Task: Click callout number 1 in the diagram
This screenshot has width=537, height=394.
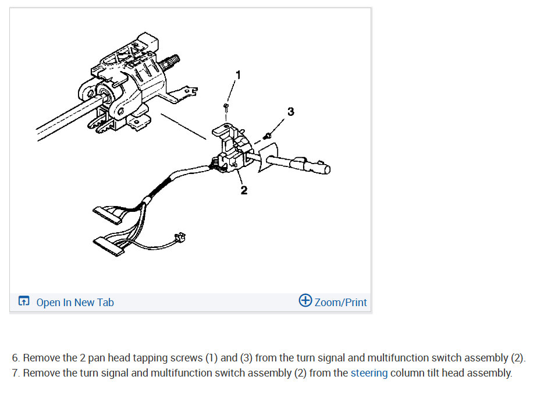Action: (x=237, y=74)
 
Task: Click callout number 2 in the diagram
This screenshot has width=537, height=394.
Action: (x=244, y=190)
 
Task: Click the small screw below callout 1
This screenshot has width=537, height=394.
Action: (x=225, y=105)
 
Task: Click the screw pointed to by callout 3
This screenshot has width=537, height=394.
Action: (x=268, y=136)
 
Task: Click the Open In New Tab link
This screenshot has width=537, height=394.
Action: (x=74, y=302)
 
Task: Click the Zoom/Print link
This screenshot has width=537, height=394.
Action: (x=340, y=302)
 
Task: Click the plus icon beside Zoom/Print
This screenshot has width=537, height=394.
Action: (x=305, y=301)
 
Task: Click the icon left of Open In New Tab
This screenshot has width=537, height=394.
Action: (x=24, y=301)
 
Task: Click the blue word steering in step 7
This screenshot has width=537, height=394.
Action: (x=369, y=373)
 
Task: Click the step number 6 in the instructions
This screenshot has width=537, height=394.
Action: (x=15, y=358)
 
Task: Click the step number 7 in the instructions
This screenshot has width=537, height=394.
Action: (x=15, y=373)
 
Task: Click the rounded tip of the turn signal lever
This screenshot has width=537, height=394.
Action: (x=326, y=169)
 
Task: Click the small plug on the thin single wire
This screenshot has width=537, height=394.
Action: (x=180, y=237)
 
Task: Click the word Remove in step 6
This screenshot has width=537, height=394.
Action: (x=40, y=358)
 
